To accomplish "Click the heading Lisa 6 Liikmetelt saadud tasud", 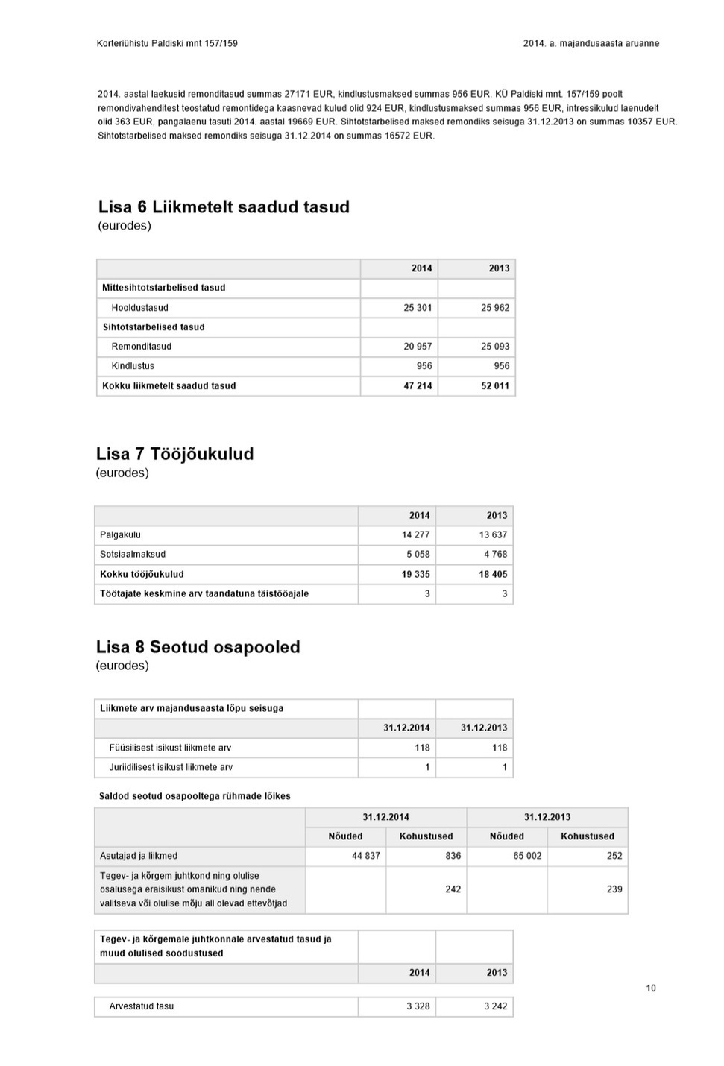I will tap(224, 206).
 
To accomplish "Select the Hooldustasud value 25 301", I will tap(418, 307).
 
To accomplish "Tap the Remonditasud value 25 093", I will tap(495, 346).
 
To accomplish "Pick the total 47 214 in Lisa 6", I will tap(418, 385).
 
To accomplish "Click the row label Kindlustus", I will tap(133, 365).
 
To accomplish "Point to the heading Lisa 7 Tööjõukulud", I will tap(174, 454).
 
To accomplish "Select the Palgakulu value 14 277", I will tap(415, 534).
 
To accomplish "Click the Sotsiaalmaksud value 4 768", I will tap(495, 554).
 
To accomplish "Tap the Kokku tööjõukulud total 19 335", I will tap(415, 574).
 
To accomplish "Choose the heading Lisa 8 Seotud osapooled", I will tap(198, 647).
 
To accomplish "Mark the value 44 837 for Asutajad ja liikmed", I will tap(365, 856).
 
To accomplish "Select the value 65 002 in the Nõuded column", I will tap(527, 856).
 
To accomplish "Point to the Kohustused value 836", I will tap(453, 856).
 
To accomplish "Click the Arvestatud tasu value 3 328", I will tap(418, 1006).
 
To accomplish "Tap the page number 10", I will tap(651, 988).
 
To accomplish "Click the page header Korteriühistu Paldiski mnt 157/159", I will tap(167, 43).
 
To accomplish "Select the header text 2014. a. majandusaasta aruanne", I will tap(591, 43).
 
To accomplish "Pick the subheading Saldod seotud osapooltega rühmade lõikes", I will tap(195, 796).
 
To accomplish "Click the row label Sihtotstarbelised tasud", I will tap(154, 327).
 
